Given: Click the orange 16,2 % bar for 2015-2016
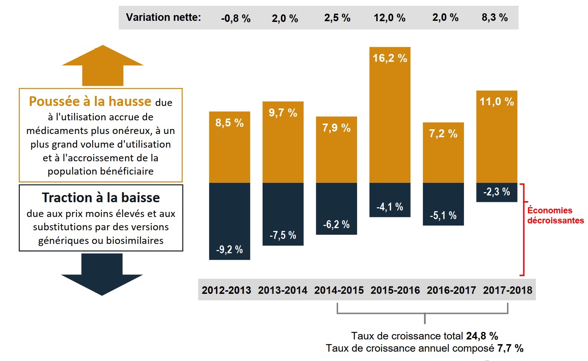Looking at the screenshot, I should point(390,115).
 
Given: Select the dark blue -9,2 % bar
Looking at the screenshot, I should point(229,221).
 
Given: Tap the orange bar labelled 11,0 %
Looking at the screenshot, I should point(497,136).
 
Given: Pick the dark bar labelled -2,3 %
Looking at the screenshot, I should point(497,192).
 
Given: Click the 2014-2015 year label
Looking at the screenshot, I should point(339,290).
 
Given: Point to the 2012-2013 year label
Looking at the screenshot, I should point(226,290).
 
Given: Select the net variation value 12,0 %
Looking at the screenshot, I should point(389,18).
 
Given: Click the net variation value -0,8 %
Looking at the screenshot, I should point(236,18).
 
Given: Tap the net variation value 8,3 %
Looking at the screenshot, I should point(494,17).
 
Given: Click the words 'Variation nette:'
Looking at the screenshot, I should point(163,17).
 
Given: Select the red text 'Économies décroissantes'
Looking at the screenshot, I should point(555,216).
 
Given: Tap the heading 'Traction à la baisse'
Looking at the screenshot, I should point(101,198).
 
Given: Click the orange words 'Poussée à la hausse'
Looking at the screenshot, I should point(90,102).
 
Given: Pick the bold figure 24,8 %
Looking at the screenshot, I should point(482,336).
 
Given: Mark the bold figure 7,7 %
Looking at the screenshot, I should point(510,348).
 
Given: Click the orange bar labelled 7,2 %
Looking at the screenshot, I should point(443,153).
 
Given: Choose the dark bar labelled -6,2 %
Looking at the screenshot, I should point(336,208).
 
